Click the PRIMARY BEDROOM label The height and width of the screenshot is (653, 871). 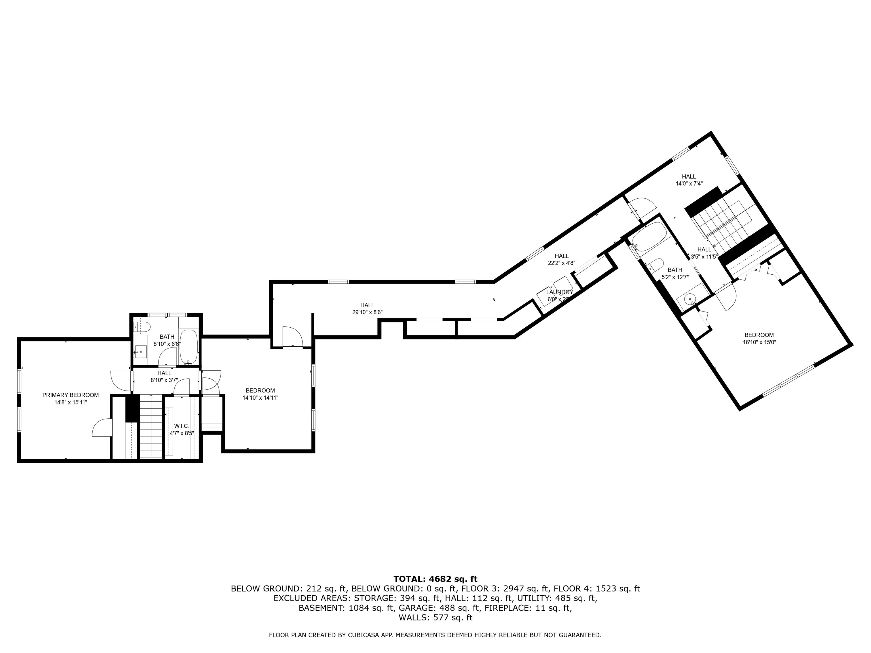[71, 395]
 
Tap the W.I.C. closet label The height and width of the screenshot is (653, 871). [182, 426]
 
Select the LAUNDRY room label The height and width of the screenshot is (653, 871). [559, 292]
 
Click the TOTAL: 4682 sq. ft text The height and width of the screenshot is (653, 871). [435, 579]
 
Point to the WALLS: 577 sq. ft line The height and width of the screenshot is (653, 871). [435, 618]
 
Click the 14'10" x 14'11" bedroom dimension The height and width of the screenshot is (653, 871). [260, 398]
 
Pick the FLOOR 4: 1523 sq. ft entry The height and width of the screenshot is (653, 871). [597, 589]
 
